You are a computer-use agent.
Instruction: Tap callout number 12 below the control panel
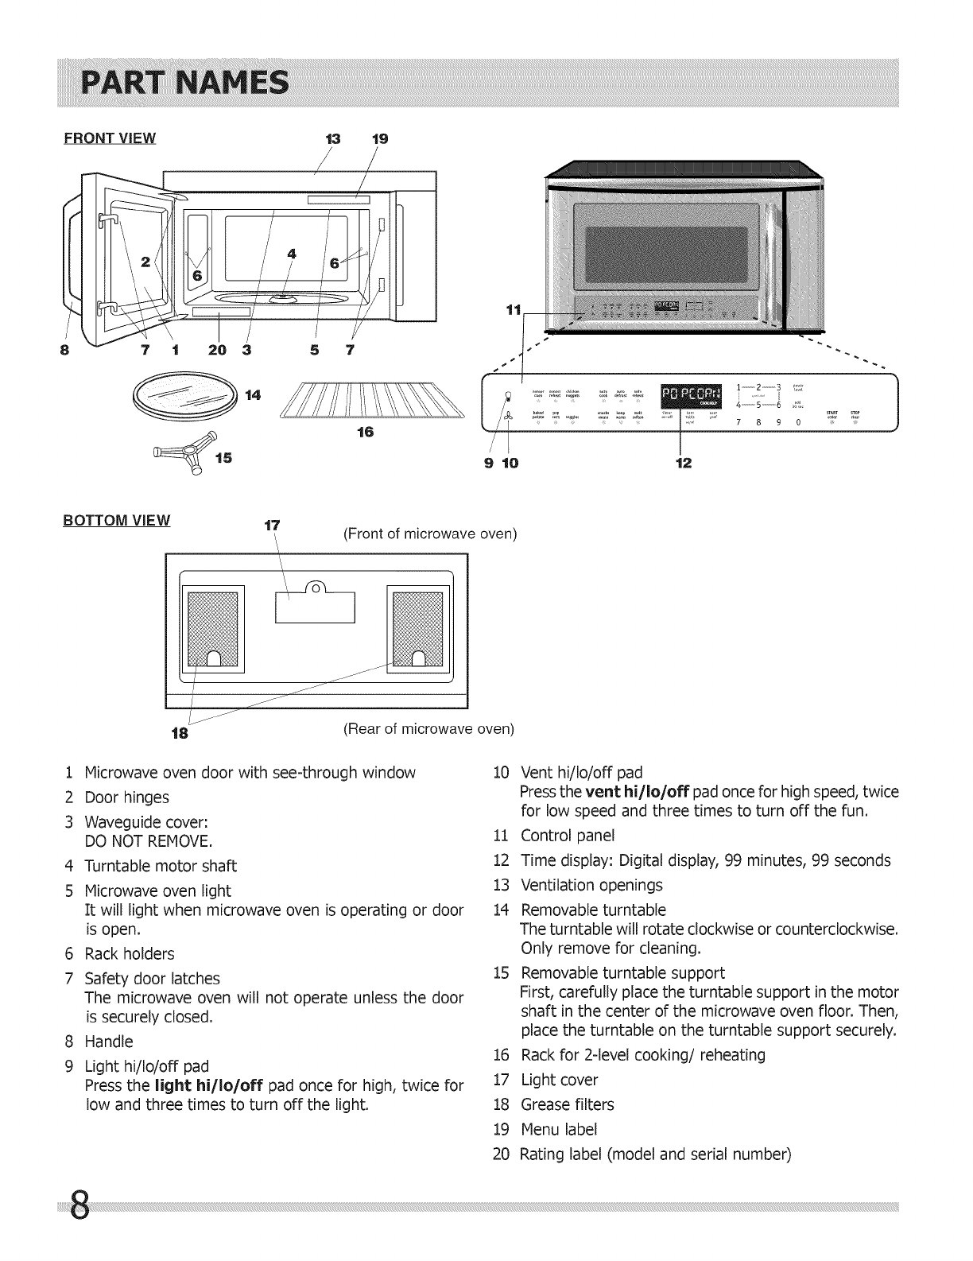point(683,462)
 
